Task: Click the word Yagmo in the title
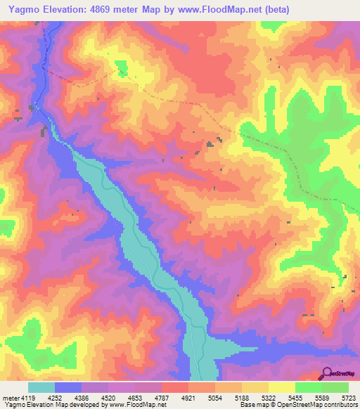pos(20,9)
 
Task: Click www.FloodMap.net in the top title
pos(209,9)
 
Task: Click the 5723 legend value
pos(349,397)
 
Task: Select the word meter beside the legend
pos(10,397)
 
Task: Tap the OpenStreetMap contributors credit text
pos(310,405)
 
